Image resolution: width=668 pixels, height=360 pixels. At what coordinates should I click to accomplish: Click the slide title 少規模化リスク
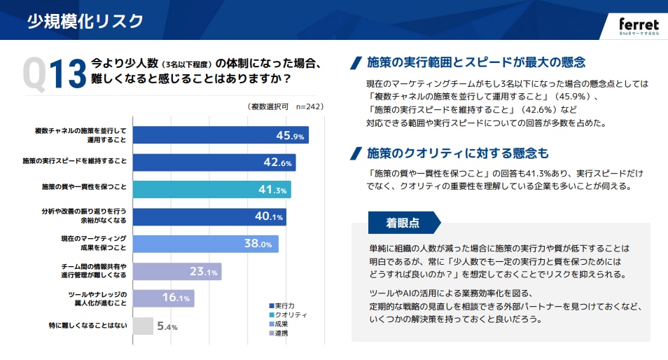coord(85,21)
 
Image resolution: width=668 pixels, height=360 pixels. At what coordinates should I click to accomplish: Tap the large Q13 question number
coord(54,71)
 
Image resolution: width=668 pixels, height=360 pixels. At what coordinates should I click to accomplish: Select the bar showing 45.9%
coord(220,135)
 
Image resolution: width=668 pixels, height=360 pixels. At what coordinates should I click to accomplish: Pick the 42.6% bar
coord(214,162)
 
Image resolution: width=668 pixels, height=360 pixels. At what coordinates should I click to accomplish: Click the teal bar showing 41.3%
coord(211,190)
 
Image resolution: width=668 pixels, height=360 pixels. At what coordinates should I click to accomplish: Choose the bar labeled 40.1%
coord(209,217)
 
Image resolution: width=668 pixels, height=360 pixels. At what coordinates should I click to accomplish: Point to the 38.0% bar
coord(205,244)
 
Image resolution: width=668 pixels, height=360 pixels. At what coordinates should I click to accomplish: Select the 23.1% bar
coord(177,272)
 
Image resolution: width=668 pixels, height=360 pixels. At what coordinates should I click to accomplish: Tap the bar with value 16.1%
coord(163,299)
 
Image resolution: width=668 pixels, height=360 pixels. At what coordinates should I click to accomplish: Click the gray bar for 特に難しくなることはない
coord(143,326)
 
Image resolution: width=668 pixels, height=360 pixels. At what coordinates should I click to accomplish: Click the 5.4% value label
coord(167,327)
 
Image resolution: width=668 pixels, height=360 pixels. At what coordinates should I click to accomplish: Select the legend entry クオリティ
coord(286,315)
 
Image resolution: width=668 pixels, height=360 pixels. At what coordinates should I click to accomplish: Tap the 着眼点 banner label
coord(403,223)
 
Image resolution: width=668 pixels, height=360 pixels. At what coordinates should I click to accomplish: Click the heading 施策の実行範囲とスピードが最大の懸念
coord(475,62)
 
